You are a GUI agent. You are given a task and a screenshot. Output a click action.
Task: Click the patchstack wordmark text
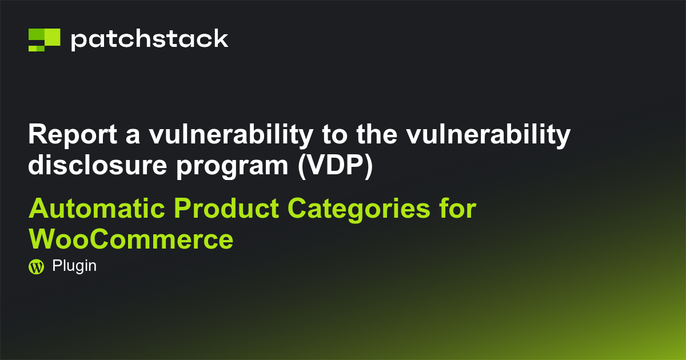[149, 39]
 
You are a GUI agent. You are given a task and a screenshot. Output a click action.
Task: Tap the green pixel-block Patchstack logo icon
[44, 39]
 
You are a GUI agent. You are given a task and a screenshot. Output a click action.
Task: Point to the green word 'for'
[458, 209]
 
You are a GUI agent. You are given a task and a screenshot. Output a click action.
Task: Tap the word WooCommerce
[131, 239]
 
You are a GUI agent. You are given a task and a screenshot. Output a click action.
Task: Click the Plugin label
[74, 266]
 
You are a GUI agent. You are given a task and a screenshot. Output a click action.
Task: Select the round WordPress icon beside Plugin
[36, 266]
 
